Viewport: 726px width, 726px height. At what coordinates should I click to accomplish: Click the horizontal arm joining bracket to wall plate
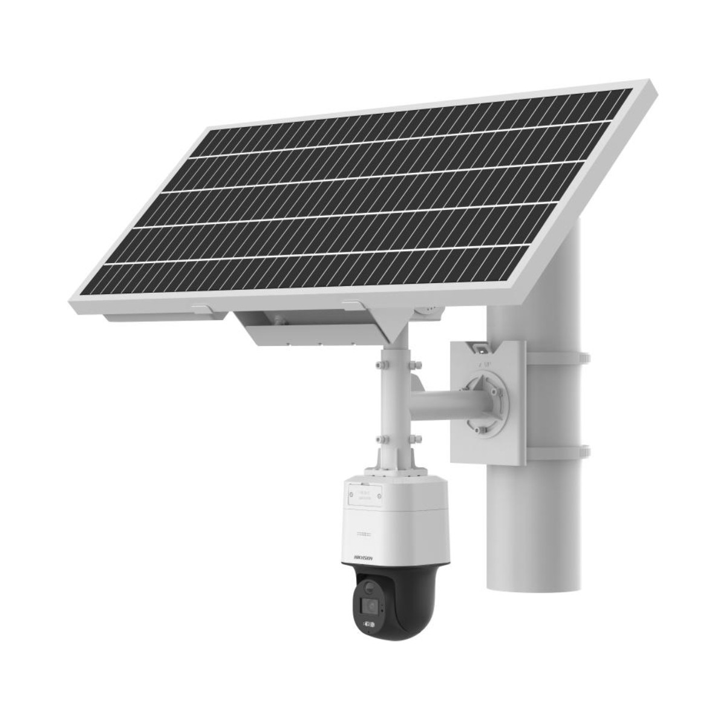point(439,402)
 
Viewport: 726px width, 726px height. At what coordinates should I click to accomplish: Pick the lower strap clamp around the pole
point(558,451)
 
